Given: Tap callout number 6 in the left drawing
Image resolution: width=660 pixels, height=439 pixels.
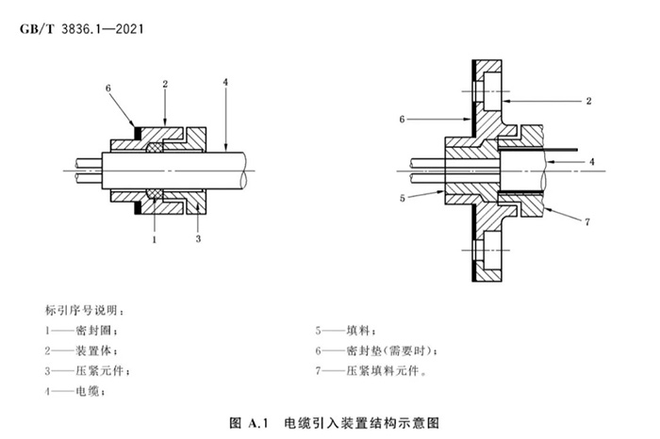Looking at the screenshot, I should coord(109,87).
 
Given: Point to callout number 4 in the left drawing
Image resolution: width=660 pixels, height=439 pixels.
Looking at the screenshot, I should coord(225,80).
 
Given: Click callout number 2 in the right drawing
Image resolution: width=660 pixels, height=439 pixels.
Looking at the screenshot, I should coord(587,99).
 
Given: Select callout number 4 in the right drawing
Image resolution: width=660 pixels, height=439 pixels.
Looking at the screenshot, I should coord(591,162).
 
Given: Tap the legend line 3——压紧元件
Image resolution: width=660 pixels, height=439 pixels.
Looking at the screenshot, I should coord(85,370).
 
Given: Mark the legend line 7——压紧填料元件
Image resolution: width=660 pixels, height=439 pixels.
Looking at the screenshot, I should coord(374,370).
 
